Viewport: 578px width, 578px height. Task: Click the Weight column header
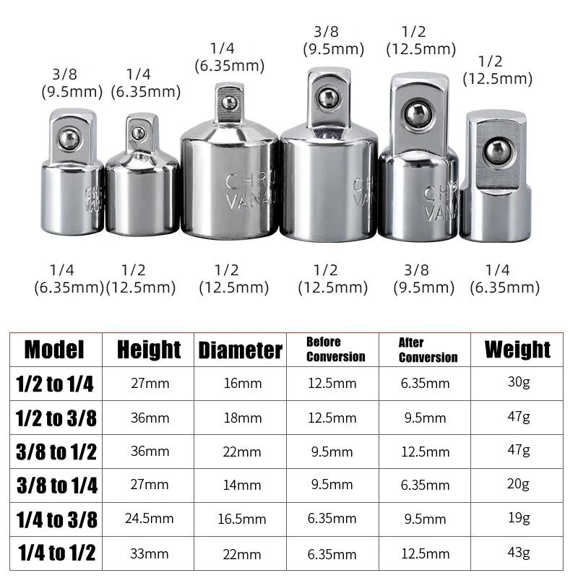coord(517,349)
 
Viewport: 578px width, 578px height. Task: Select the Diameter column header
coord(241,350)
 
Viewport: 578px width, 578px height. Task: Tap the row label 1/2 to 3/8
coord(56,418)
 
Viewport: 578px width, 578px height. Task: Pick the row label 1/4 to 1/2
coord(57,553)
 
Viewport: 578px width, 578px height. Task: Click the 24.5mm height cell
coord(150,519)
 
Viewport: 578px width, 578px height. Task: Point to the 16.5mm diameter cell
coord(242,519)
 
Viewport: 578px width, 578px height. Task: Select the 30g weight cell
coord(519,382)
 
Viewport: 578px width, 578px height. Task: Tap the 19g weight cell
coord(519,518)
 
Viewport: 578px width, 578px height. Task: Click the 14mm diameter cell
coord(242,485)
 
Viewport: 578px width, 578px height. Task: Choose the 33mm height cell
coord(150,553)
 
